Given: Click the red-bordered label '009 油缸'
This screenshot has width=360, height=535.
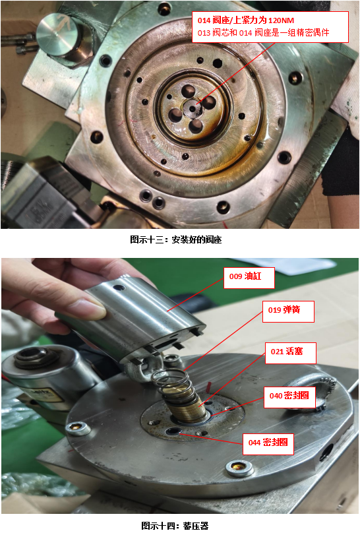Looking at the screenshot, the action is pos(249,278).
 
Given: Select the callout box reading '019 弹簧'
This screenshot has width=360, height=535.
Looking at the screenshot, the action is pos(288,311).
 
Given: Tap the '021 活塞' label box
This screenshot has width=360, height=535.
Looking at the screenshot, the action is pos(291,353).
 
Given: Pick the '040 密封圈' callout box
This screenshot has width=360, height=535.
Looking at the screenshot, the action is pos(289,397).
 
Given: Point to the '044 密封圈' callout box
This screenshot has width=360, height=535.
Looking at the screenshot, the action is pos(268,444).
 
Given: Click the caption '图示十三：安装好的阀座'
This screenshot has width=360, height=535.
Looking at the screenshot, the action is pos(176,239).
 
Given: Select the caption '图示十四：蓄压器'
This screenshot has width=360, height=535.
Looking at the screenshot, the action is pos(175,526).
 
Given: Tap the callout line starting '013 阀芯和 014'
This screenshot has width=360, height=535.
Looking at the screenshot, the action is pos(264,33).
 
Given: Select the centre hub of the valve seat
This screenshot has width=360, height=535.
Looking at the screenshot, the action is pos(193,108).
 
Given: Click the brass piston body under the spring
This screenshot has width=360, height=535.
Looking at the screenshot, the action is pos(186,404).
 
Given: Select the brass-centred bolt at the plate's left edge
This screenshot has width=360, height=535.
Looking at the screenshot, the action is pos(78,427).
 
